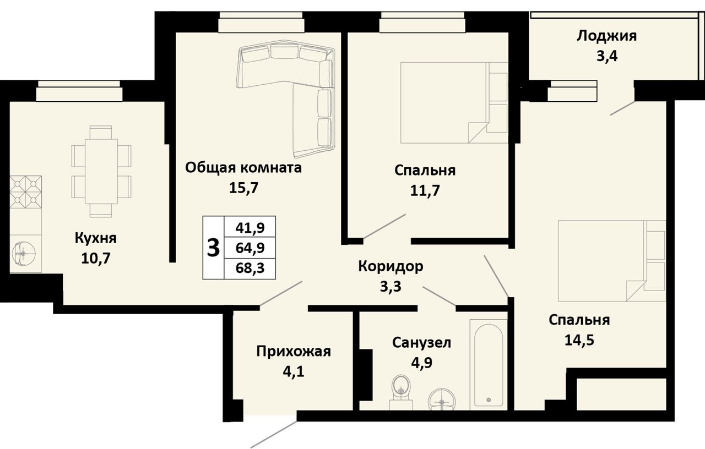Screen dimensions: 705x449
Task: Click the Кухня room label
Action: pos(96,238)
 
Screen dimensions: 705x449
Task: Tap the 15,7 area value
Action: pos(243,188)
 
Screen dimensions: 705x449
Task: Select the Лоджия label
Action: pos(606,36)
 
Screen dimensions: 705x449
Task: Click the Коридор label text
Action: pos(391,267)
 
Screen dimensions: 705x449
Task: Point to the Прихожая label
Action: pos(294,352)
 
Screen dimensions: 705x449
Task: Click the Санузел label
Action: pos(421,342)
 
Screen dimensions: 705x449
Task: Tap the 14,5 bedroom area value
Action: pos(579,340)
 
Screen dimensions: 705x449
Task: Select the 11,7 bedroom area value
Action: pos(425,190)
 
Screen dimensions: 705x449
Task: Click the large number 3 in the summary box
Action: pos(213,248)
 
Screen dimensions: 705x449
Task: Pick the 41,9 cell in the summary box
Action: pos(250,227)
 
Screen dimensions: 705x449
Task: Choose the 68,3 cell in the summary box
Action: pos(250,268)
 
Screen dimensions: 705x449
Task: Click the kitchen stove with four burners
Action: pos(25,192)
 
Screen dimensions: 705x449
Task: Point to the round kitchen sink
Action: pos(23,253)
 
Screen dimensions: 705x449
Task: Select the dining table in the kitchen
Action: pos(101,172)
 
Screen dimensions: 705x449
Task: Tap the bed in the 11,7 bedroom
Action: pos(454,102)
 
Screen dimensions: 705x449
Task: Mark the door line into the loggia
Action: pos(622,108)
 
